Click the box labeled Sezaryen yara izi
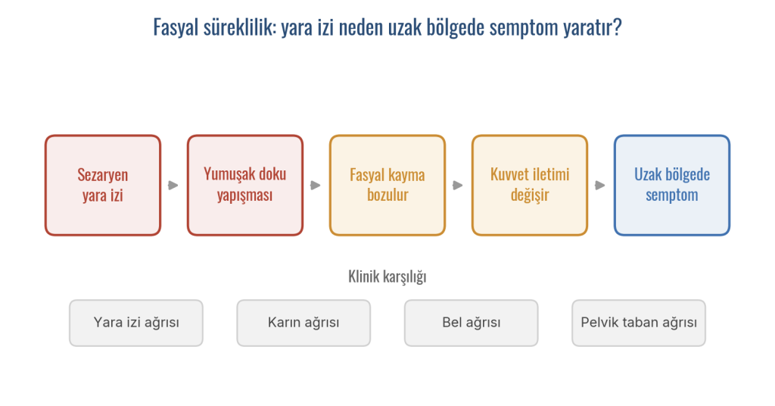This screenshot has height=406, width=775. tap(103, 185)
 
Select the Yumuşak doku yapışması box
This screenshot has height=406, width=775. tap(245, 185)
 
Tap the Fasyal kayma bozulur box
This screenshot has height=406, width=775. tap(387, 185)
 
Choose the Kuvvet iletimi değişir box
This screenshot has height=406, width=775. tap(530, 185)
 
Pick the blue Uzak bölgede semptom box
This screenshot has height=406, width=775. tap(672, 185)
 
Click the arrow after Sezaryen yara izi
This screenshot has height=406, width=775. tap(173, 186)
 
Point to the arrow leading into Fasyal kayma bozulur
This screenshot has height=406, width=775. tap(316, 186)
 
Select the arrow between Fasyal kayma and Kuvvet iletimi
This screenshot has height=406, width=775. tap(458, 186)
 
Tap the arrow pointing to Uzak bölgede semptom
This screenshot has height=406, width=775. tap(600, 186)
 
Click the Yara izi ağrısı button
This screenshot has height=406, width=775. tap(136, 323)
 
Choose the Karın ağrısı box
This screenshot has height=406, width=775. tap(303, 323)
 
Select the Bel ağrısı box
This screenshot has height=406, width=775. tap(471, 323)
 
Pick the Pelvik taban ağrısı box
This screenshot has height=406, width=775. tap(639, 323)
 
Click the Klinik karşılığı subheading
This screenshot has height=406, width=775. tap(387, 276)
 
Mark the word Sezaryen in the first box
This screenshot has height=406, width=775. tap(103, 175)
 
